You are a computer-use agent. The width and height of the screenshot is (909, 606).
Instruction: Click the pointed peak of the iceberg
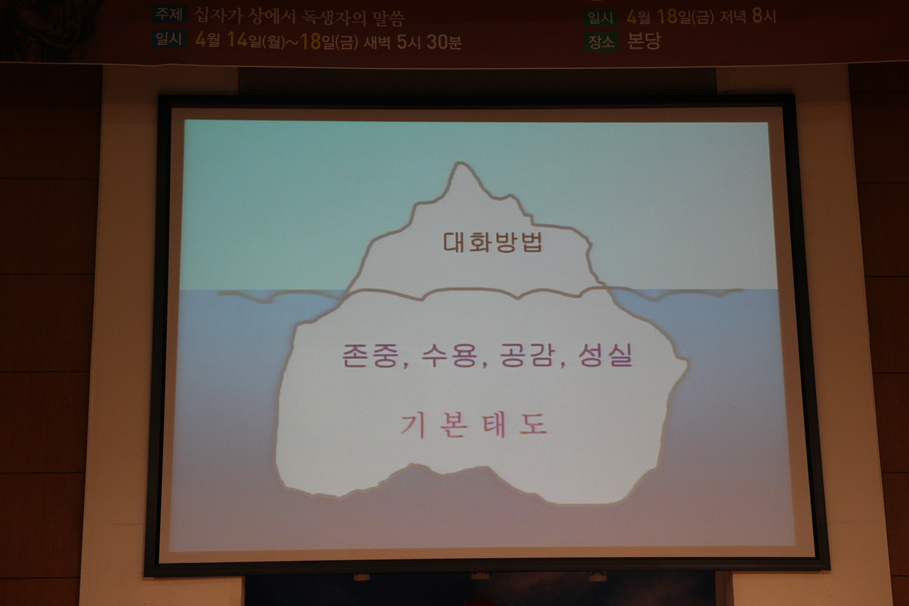[x=460, y=163]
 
